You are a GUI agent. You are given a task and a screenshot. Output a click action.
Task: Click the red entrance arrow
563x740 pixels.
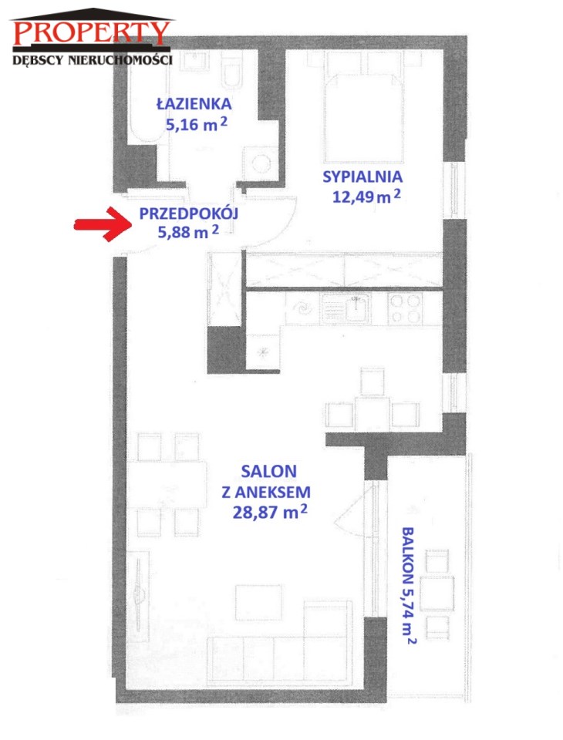pos(103,224)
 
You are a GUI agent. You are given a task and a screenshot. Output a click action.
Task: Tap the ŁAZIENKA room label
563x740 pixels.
pos(194,103)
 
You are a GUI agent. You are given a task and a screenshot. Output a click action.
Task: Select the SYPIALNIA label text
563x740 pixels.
pos(362,177)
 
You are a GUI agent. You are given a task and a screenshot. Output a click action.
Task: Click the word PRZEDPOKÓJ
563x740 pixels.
pos(188,214)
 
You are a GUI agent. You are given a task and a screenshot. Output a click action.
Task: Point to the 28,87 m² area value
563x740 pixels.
pos(270,512)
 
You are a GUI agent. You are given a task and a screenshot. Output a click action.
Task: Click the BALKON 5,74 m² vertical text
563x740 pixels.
pos(409,585)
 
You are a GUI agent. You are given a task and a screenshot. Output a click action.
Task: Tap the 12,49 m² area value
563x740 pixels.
pos(366,196)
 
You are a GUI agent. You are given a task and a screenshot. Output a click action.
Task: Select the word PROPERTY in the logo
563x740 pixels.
pos(91,32)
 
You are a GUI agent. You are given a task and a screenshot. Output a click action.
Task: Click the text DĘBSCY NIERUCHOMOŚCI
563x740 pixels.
pos(92,60)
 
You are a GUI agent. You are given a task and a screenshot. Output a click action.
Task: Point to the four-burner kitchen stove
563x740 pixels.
pos(405,308)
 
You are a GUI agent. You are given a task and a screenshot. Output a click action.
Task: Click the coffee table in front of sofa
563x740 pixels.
pos(259,601)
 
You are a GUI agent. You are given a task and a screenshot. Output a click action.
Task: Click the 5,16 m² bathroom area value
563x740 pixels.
pos(197,125)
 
